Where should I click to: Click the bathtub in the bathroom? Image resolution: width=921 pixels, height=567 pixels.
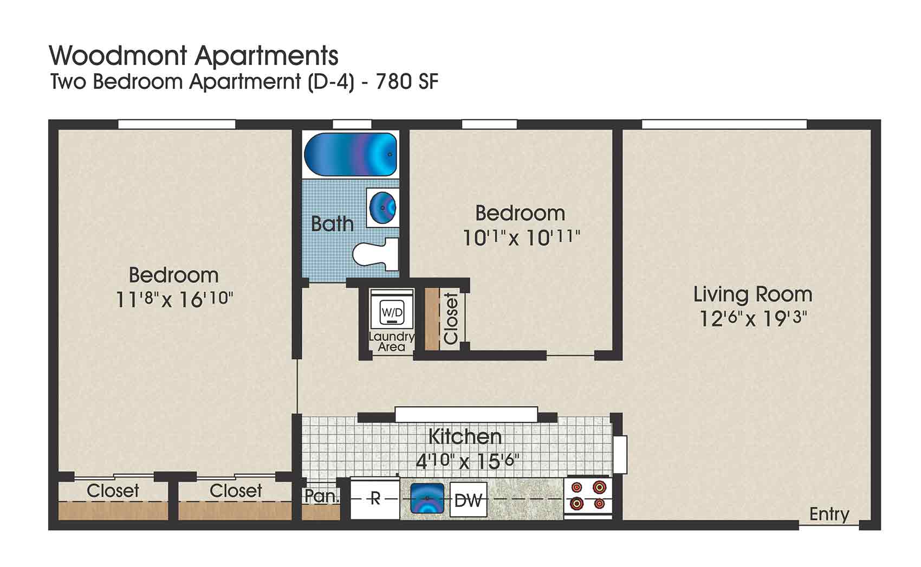click(350, 154)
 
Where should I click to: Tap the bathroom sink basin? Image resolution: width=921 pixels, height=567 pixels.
click(383, 207)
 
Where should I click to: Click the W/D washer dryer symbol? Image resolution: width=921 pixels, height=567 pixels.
click(392, 312)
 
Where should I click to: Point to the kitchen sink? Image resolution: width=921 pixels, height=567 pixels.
click(427, 498)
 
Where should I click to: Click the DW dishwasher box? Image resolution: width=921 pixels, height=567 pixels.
click(468, 500)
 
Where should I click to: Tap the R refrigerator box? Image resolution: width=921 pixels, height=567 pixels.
click(375, 498)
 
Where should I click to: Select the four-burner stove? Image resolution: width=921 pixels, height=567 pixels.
click(588, 495)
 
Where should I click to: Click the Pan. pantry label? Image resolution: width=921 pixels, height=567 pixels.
click(322, 495)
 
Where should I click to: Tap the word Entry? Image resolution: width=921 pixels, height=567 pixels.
click(829, 513)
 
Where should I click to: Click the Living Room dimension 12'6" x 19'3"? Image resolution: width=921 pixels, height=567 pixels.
click(753, 318)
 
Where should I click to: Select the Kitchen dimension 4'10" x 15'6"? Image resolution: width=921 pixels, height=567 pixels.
click(467, 461)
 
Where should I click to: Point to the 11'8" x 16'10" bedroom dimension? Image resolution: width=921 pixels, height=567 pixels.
click(174, 299)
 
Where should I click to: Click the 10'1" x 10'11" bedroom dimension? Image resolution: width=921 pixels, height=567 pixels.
click(521, 237)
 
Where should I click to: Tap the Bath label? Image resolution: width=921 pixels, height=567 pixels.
click(332, 223)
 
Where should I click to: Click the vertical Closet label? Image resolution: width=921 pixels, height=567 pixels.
click(451, 318)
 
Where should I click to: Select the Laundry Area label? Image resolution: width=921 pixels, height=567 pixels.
click(391, 342)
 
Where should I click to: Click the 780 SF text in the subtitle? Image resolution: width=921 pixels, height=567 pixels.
click(407, 82)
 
